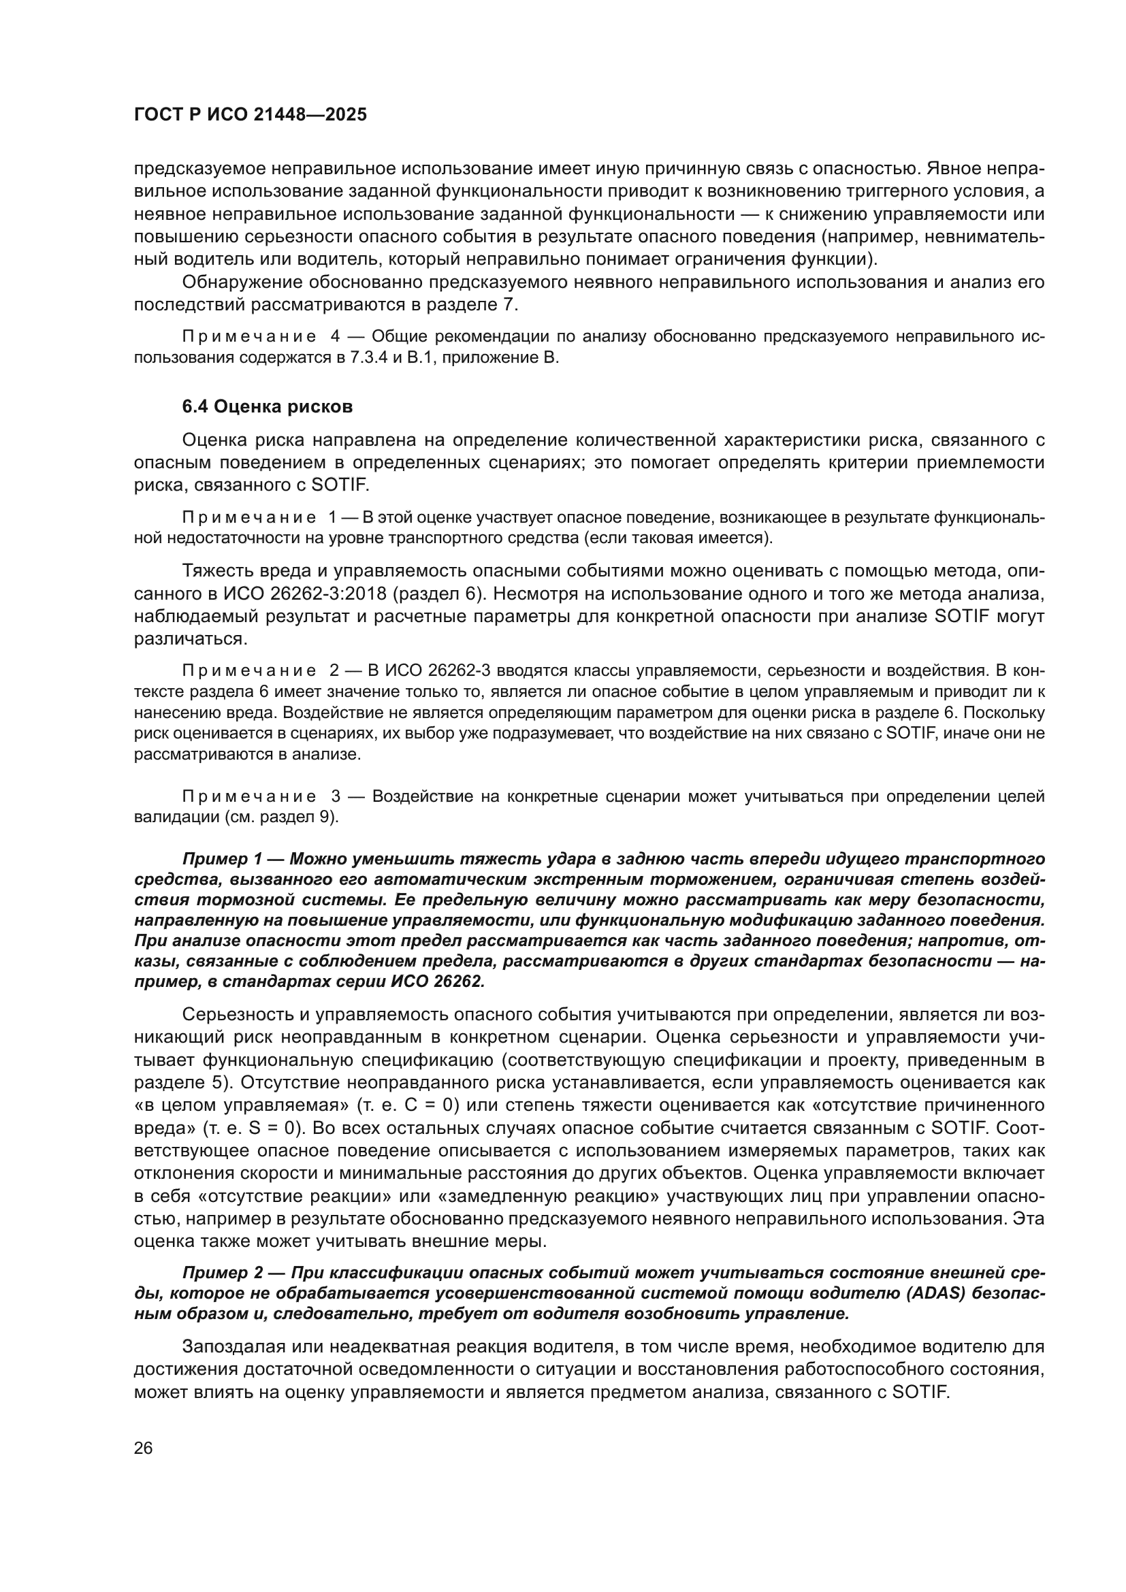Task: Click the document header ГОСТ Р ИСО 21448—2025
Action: pos(251,115)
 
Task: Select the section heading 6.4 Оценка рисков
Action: pos(267,407)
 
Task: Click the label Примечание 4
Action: pos(261,337)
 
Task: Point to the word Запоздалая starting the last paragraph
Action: pos(234,1347)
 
